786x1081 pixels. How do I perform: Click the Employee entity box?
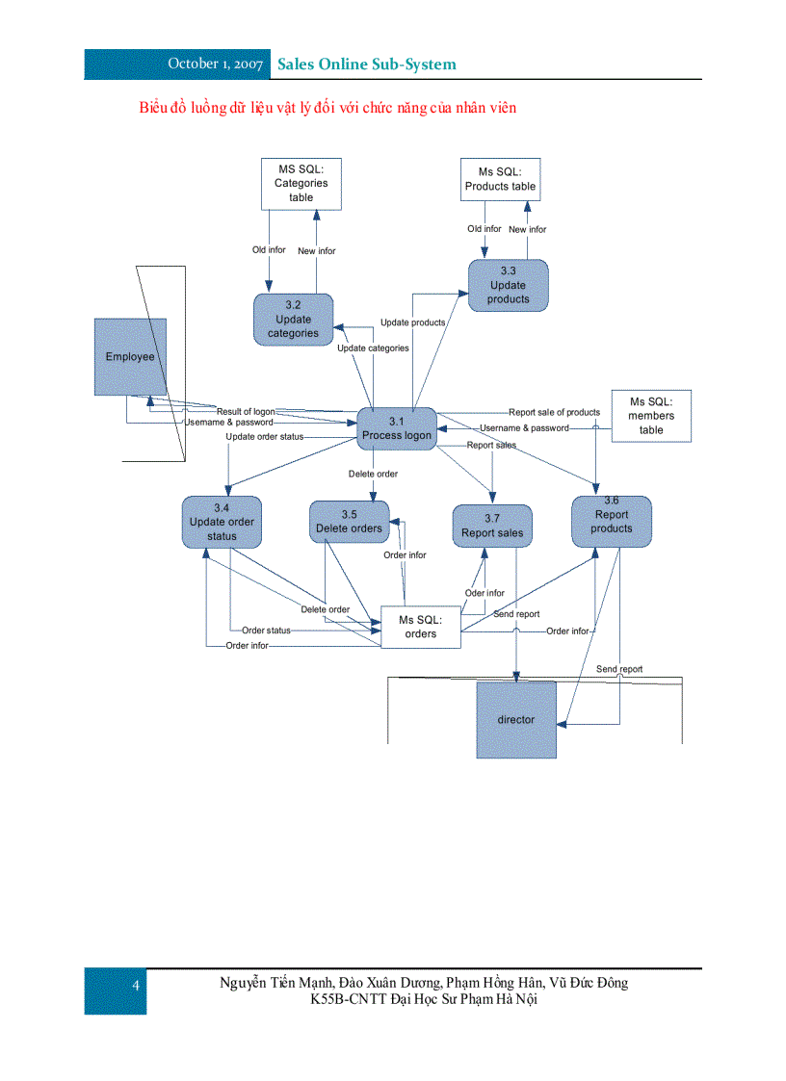[x=130, y=356]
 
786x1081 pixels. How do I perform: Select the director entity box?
[x=516, y=719]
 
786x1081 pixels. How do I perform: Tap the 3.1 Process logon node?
[x=397, y=428]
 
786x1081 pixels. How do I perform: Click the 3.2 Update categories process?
[x=294, y=320]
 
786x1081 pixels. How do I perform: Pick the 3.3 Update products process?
[x=508, y=285]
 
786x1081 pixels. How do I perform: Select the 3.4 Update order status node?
[x=222, y=522]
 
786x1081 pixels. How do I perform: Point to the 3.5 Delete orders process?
[x=349, y=522]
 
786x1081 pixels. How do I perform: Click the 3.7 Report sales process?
[x=492, y=526]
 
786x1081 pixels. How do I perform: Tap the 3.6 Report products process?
[x=612, y=521]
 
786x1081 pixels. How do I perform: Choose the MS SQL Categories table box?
[x=301, y=183]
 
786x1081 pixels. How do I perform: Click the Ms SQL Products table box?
[x=500, y=179]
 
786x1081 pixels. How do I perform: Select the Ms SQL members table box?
[x=651, y=416]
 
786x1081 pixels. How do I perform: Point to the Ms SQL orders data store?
[x=421, y=627]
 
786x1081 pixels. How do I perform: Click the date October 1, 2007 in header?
[x=215, y=64]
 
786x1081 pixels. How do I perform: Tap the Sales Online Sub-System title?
[x=367, y=64]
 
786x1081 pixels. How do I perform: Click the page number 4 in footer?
[x=136, y=985]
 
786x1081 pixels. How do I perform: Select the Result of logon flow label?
[x=245, y=411]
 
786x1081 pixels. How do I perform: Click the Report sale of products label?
[x=554, y=412]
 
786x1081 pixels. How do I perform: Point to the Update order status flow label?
[x=264, y=436]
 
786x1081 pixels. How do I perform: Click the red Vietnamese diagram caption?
[x=327, y=107]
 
